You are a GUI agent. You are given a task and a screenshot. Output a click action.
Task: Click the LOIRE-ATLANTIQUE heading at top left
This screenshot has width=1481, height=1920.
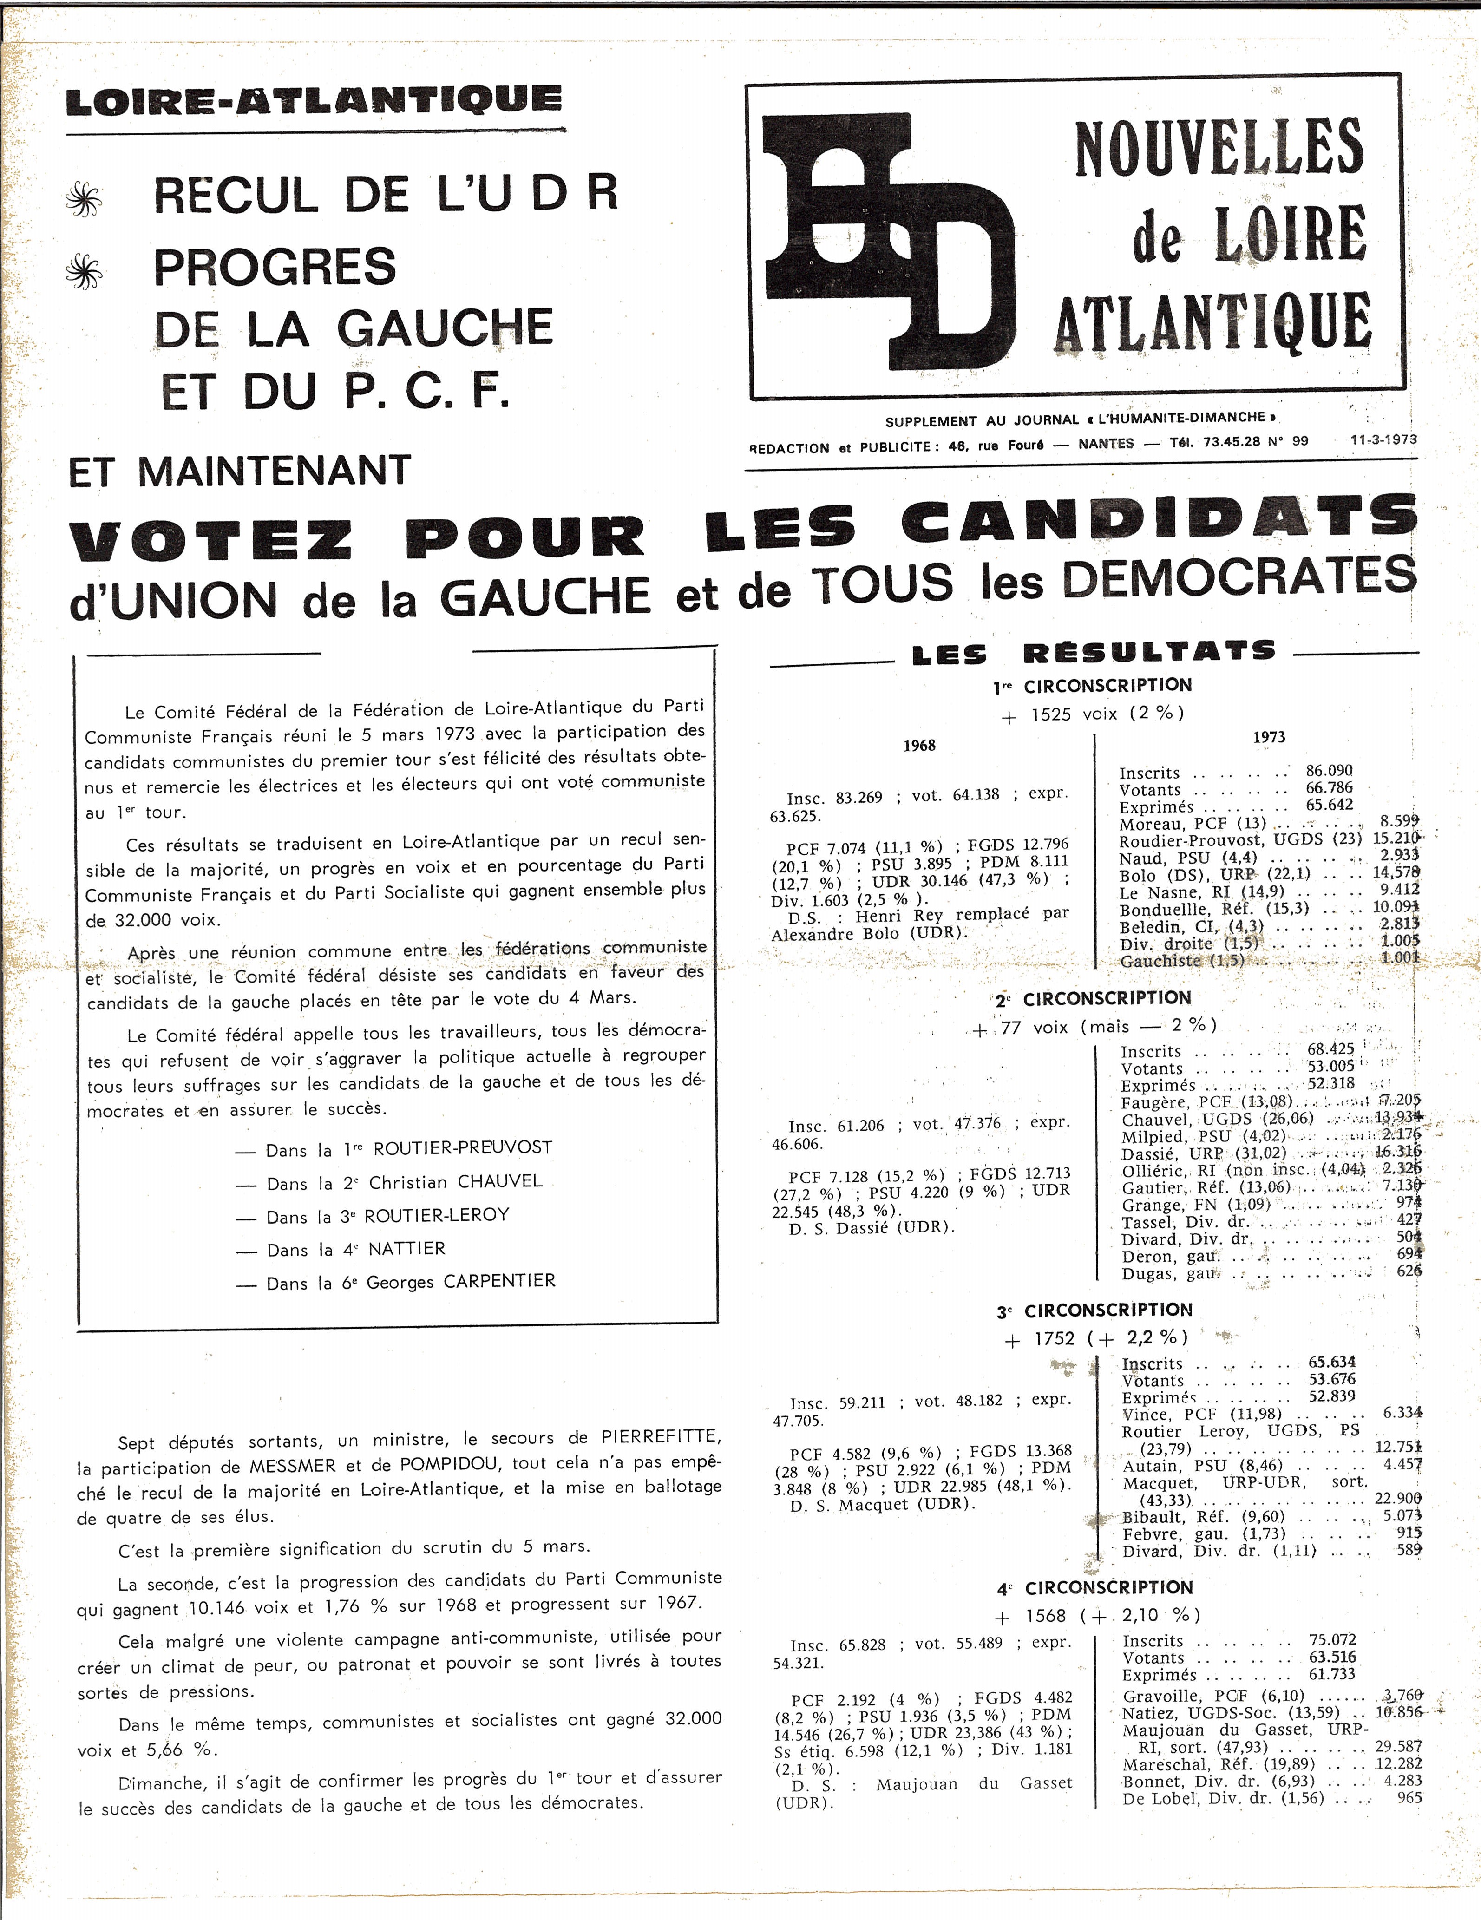pyautogui.click(x=314, y=100)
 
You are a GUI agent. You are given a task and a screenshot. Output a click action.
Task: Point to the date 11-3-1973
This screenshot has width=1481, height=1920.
pyautogui.click(x=1384, y=439)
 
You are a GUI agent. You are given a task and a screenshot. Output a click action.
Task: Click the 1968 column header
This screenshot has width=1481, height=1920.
pyautogui.click(x=919, y=746)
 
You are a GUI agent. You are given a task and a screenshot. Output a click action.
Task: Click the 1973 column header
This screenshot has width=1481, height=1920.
pyautogui.click(x=1268, y=737)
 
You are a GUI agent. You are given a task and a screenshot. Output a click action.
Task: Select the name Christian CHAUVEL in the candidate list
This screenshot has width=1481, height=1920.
pyautogui.click(x=455, y=1181)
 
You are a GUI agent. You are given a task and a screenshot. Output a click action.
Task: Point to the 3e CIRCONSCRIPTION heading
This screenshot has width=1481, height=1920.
pyautogui.click(x=1094, y=1311)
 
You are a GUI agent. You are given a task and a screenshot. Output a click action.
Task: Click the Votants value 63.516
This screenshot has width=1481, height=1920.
pyautogui.click(x=1331, y=1657)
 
